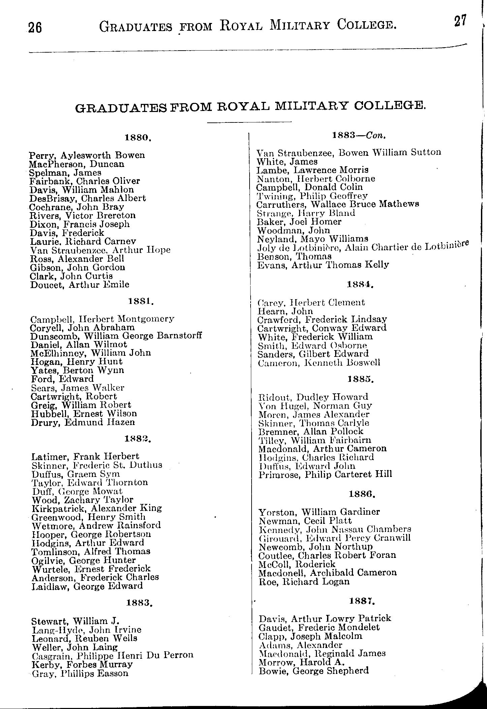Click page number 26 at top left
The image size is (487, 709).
pyautogui.click(x=35, y=27)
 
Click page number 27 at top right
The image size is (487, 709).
pyautogui.click(x=460, y=22)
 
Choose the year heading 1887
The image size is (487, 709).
pyautogui.click(x=362, y=601)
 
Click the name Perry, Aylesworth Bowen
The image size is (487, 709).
pyautogui.click(x=87, y=155)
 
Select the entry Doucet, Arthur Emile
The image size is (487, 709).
pyautogui.click(x=79, y=285)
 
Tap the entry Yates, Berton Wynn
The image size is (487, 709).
pyautogui.click(x=77, y=370)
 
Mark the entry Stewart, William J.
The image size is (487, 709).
pyautogui.click(x=76, y=621)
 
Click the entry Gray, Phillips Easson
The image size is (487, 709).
pyautogui.click(x=80, y=673)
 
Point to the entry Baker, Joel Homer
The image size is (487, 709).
pyautogui.click(x=299, y=222)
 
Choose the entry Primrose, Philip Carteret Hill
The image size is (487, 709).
pyautogui.click(x=325, y=475)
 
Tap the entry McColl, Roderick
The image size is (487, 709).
pyautogui.click(x=297, y=564)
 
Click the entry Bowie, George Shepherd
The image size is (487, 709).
pyautogui.click(x=314, y=671)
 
